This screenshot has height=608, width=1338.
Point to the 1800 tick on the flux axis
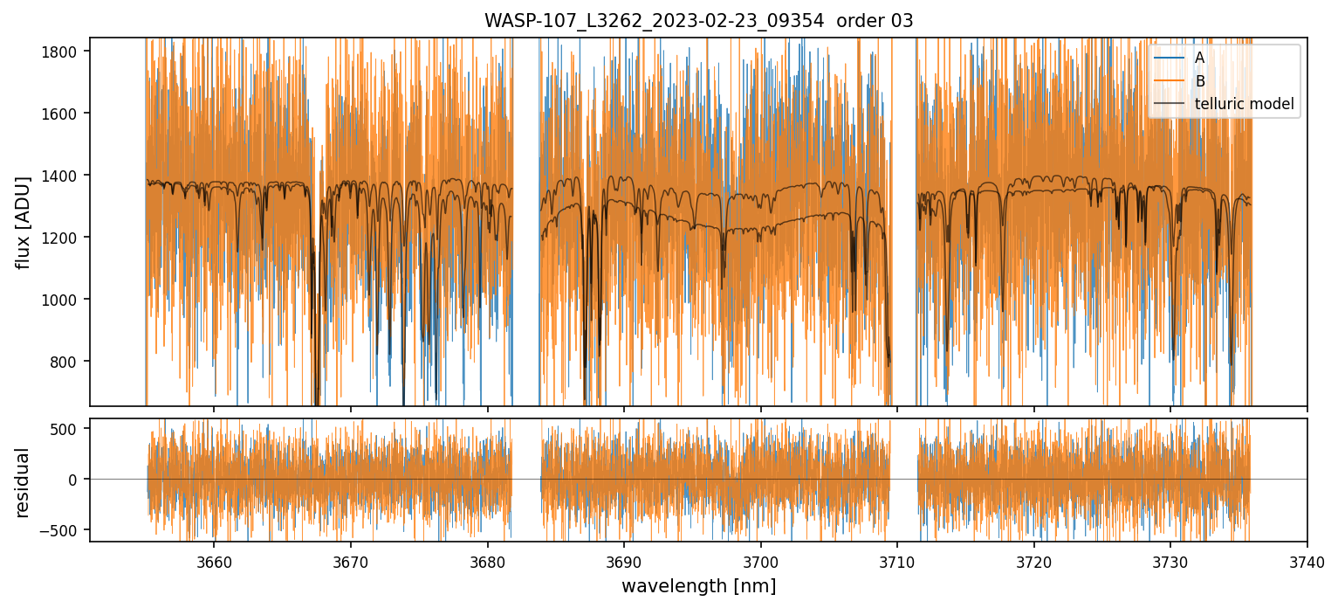point(65,52)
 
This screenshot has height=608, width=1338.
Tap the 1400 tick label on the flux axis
point(65,176)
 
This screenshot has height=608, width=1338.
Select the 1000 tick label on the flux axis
point(65,300)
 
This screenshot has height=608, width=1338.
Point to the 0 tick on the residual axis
point(76,480)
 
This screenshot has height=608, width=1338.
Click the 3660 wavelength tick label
point(214,560)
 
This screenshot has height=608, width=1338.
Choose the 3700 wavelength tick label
point(760,560)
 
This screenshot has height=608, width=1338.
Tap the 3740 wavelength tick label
point(1307,560)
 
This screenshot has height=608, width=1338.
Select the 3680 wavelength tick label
point(487,560)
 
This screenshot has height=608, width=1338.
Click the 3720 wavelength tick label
point(1033,560)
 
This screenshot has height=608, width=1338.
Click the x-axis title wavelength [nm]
point(698,586)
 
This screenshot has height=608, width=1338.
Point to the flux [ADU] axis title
point(24,222)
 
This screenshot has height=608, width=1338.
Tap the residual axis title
point(24,482)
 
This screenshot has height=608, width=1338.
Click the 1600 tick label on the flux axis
point(65,114)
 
